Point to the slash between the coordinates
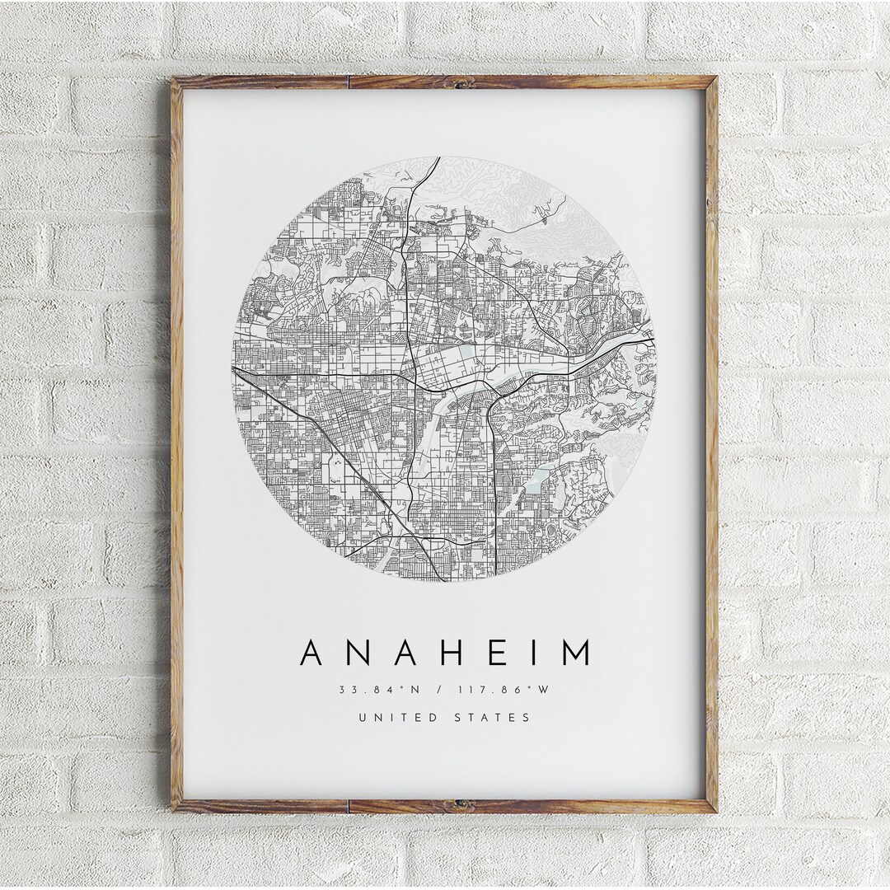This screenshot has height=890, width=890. (444, 689)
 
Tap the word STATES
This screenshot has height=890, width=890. (492, 718)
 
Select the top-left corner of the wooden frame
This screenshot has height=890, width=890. (174, 78)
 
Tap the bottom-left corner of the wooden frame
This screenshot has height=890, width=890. (174, 811)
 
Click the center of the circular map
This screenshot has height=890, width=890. (444, 368)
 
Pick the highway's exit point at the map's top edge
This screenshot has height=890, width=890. (438, 157)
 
